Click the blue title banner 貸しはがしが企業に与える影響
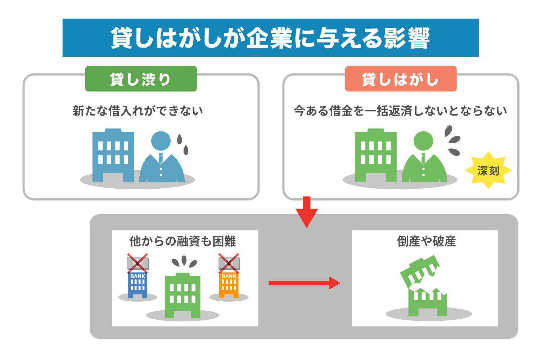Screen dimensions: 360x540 pos(270,38)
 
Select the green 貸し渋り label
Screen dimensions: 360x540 pos(141,79)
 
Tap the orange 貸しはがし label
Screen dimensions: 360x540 pos(400,79)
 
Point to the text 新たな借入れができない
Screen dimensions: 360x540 pos(138,111)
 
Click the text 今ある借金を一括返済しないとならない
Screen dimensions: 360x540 pos(400,111)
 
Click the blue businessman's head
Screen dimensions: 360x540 pos(161,141)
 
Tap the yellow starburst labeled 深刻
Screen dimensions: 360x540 pos(488,170)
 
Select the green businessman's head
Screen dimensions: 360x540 pos(423,141)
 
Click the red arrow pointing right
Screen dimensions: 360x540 pos(304,283)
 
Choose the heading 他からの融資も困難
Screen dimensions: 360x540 pos(183,241)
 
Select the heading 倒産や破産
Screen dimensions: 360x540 pos(426,241)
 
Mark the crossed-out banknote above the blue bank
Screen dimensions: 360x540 pos(138,263)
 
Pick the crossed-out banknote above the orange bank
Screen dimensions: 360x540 pos(229,263)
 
